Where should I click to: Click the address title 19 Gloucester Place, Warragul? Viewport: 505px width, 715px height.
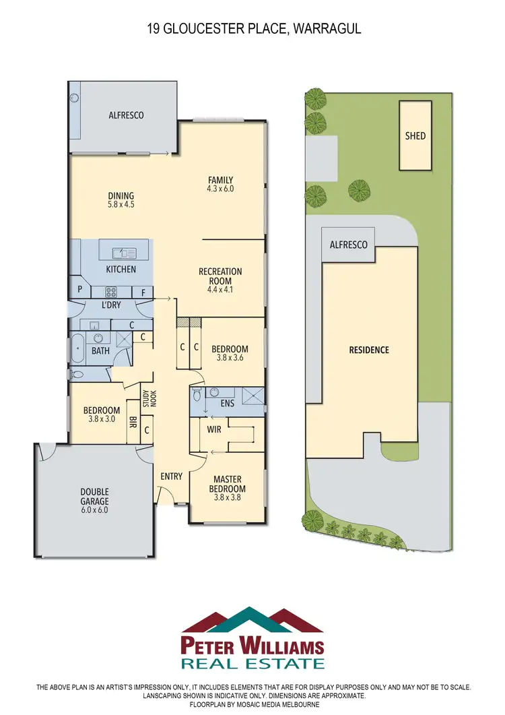252,29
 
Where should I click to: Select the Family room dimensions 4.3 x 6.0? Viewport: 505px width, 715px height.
220,189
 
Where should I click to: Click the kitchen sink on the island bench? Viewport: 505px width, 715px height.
125,253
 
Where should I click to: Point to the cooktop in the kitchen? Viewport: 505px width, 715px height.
112,292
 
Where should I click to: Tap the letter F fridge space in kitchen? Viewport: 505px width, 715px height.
143,292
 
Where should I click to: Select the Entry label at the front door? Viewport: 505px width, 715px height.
171,476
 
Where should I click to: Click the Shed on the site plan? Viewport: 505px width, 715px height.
415,135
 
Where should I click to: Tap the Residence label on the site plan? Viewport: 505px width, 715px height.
368,350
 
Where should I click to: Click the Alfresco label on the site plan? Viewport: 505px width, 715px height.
348,245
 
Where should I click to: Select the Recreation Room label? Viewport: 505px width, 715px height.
220,276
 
